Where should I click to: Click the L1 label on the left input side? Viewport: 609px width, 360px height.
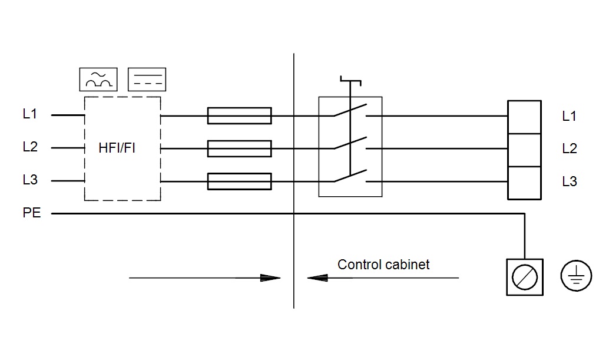(30, 114)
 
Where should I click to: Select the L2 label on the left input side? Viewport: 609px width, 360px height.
(30, 147)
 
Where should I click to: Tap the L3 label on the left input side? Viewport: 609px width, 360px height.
(30, 180)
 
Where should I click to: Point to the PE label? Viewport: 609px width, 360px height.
(31, 213)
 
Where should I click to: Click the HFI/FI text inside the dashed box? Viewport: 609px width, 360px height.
(117, 148)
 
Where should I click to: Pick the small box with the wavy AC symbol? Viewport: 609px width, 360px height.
(98, 80)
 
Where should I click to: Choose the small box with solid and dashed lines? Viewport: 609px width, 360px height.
(147, 80)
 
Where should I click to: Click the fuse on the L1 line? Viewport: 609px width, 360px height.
(239, 115)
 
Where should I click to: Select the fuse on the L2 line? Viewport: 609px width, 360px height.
(239, 148)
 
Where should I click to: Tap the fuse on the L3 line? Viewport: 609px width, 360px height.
(239, 181)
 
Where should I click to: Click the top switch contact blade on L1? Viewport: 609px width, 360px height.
(350, 110)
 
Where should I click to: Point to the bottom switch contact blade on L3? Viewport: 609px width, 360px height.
(350, 176)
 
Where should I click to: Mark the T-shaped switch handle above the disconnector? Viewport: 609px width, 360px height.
(350, 81)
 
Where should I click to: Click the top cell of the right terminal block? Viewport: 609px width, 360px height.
(524, 117)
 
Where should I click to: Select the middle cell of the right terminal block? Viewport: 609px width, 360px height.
(524, 150)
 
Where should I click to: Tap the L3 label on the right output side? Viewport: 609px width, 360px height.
(570, 181)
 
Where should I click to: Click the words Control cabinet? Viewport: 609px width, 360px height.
(383, 265)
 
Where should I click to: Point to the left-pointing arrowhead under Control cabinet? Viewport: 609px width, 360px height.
(317, 278)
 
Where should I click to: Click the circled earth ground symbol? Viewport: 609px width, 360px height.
(576, 276)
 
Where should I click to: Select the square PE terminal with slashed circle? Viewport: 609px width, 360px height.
(525, 278)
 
